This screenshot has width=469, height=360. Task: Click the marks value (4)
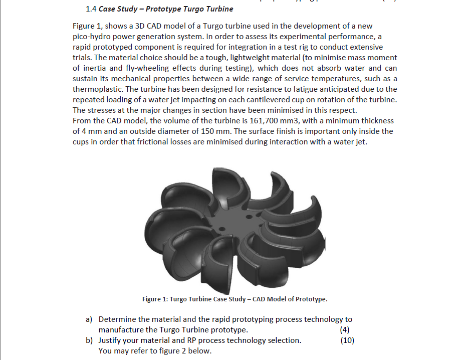pos(344,329)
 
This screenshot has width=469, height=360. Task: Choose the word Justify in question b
pos(111,340)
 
